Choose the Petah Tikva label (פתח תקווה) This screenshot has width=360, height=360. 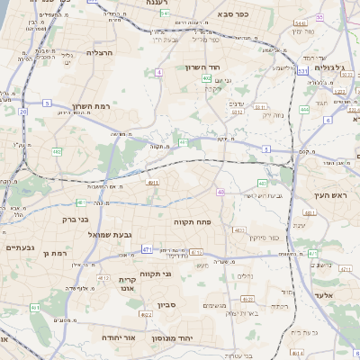pos(193,220)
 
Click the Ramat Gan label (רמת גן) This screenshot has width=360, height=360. pos(56,254)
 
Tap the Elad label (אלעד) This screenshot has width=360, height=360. pos(324,293)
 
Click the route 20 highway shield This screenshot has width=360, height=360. pos(22,111)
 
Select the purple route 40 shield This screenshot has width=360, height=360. pos(220,192)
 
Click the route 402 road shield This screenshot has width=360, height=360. pos(207,78)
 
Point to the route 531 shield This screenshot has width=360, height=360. pos(303,70)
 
